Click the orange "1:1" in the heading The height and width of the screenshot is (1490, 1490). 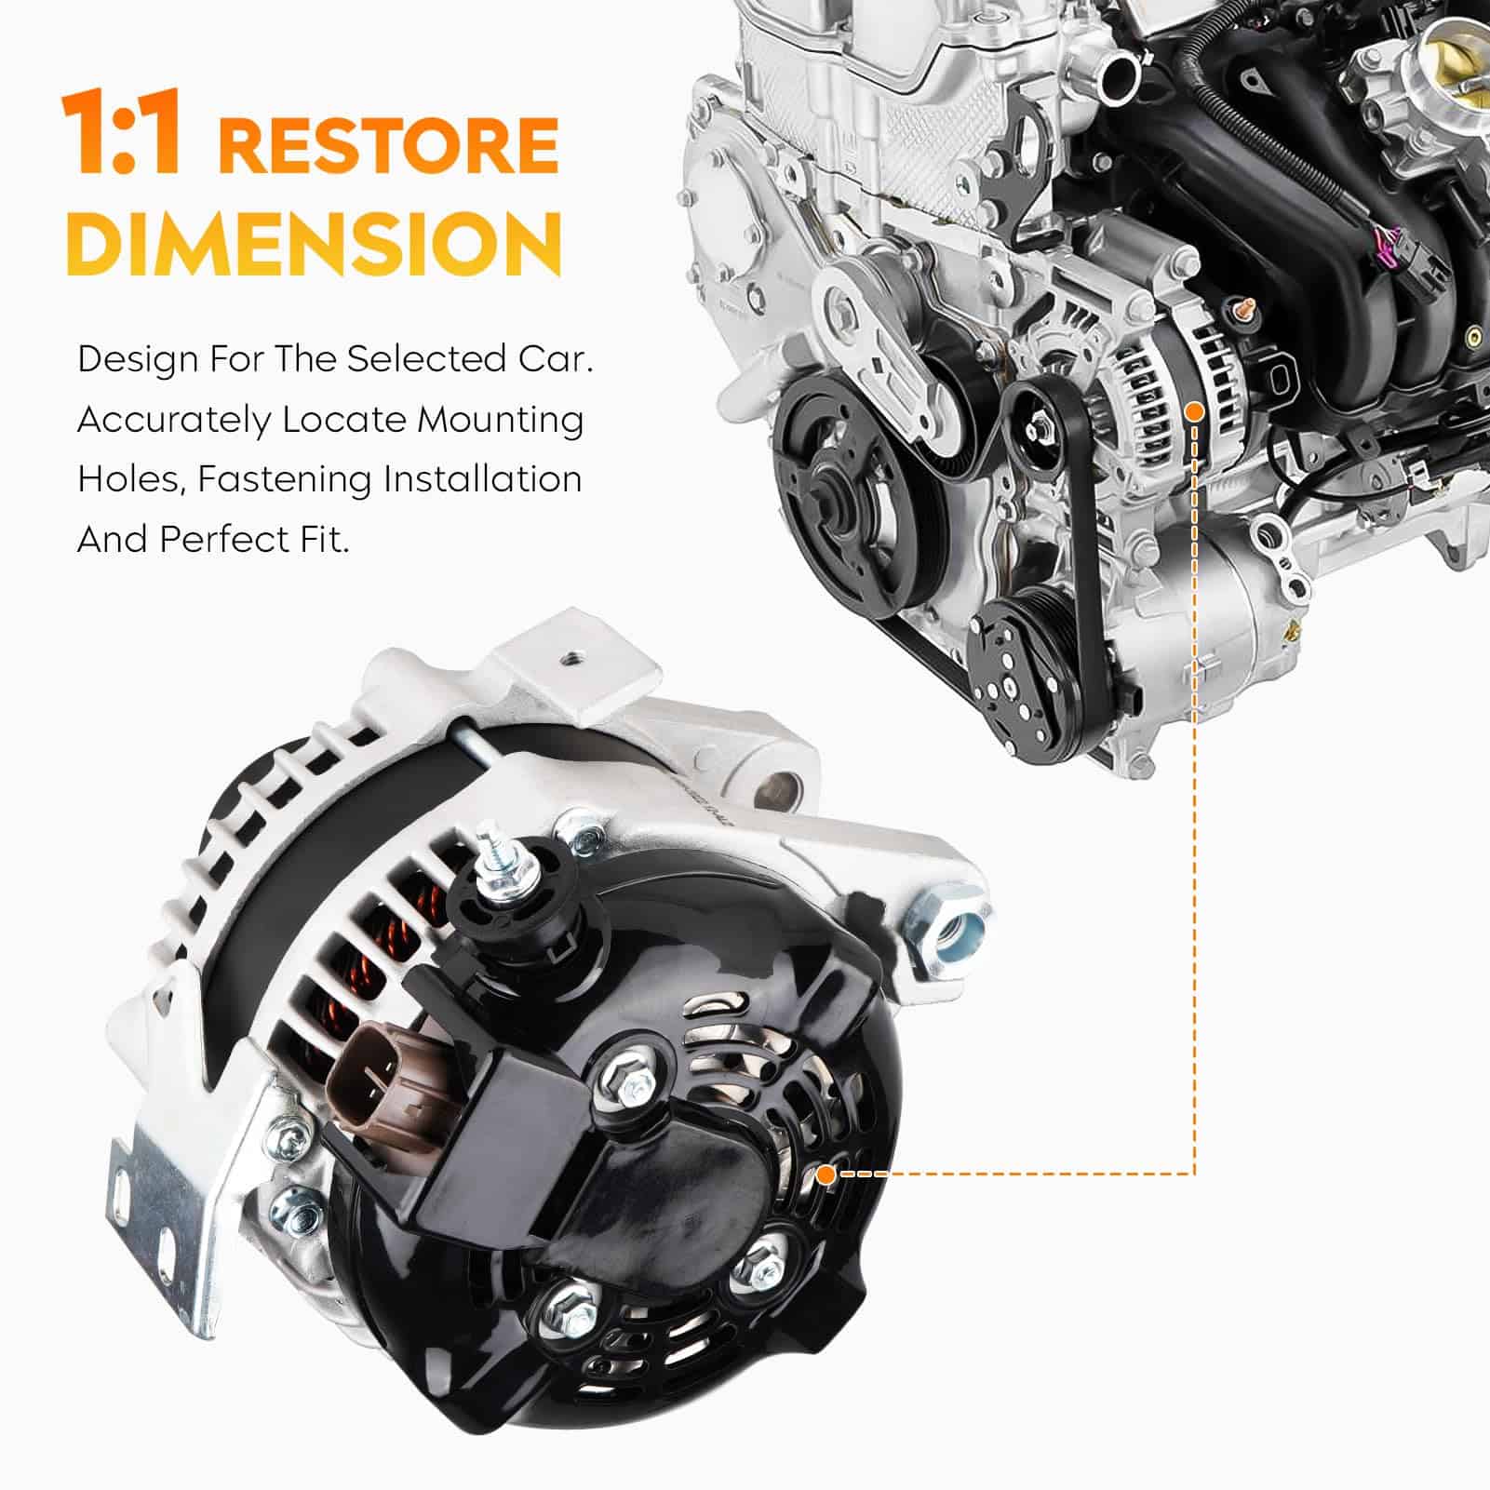121,133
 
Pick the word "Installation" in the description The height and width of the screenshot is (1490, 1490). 483,480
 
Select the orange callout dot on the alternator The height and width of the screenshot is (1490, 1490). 826,1175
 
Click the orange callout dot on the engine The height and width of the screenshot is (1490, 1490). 1195,410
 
